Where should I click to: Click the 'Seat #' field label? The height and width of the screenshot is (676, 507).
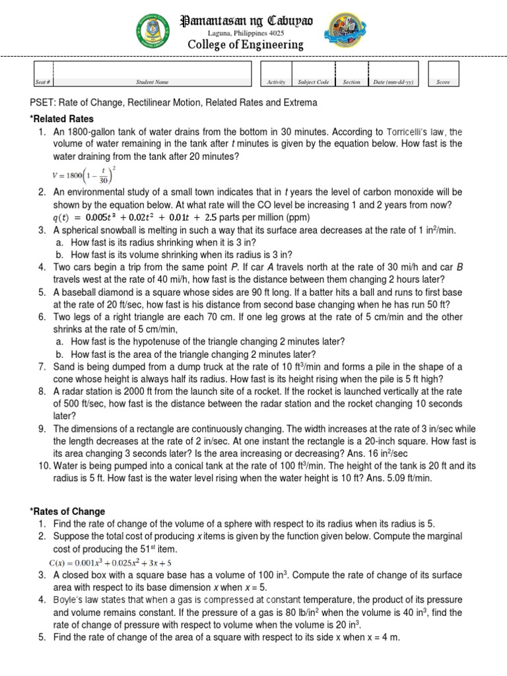[x=43, y=83]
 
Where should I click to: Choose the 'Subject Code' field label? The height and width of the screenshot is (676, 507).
[x=314, y=83]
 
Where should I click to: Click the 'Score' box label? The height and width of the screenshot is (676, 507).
[x=444, y=83]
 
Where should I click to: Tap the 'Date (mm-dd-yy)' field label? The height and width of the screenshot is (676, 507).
[x=393, y=83]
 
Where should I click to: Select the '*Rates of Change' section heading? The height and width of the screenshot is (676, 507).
[x=67, y=512]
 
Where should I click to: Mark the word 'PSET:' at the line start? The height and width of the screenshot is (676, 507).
[x=44, y=103]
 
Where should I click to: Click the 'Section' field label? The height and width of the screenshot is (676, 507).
[x=352, y=83]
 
